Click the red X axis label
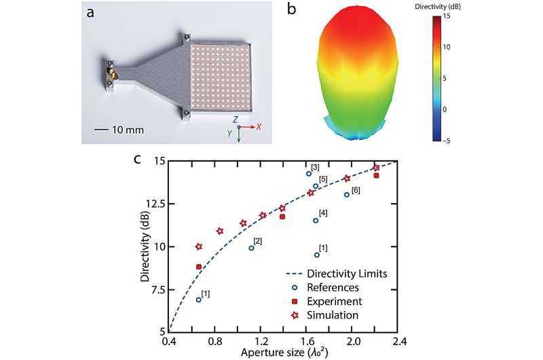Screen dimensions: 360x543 pyautogui.click(x=259, y=127)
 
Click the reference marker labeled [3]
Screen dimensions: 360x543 pyautogui.click(x=309, y=173)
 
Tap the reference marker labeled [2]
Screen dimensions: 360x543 pyautogui.click(x=251, y=248)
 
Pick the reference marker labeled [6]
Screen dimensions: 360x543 pyautogui.click(x=347, y=195)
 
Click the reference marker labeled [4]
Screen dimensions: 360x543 pyautogui.click(x=316, y=220)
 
